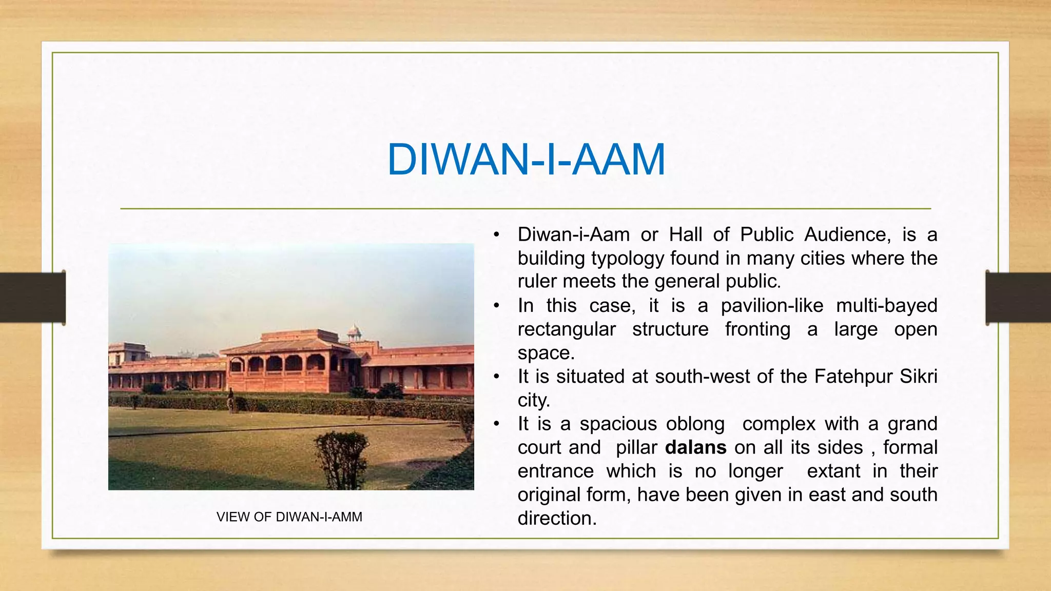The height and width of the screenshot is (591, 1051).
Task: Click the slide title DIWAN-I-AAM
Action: tap(526, 160)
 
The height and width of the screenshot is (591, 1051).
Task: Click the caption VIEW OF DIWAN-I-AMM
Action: tap(289, 517)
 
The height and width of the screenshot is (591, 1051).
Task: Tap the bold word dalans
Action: tap(695, 447)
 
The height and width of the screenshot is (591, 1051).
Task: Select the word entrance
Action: tap(556, 471)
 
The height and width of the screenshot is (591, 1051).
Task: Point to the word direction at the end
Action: tap(556, 518)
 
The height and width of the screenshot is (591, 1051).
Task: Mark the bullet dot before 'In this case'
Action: tap(496, 306)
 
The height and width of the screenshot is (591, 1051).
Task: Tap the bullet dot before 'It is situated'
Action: tap(496, 377)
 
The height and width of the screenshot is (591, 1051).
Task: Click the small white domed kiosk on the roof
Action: tap(354, 332)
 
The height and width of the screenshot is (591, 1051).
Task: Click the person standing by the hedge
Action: tap(231, 399)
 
